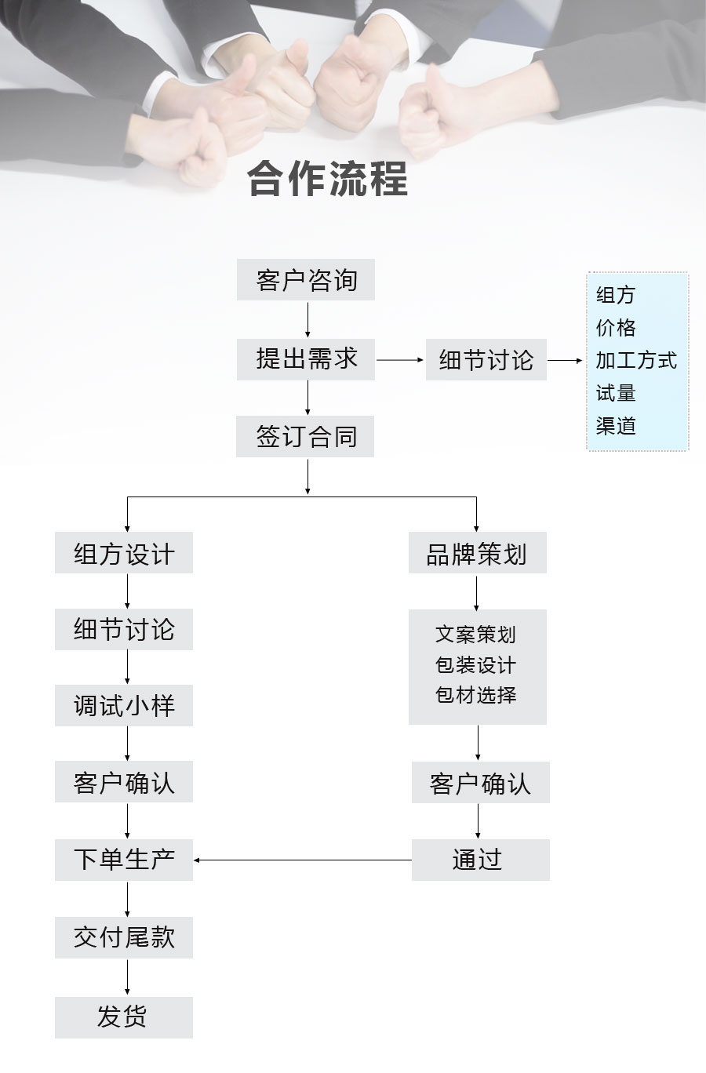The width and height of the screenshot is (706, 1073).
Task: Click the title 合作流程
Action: (328, 179)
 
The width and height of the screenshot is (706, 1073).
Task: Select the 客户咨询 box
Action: (306, 280)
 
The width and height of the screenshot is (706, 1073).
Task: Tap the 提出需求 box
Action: (306, 359)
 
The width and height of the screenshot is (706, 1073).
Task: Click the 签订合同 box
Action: (305, 437)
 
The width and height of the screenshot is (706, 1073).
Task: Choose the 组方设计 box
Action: (124, 553)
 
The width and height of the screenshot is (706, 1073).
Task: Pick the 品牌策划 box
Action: (477, 553)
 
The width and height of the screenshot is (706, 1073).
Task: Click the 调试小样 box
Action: (124, 706)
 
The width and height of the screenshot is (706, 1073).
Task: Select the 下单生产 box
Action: (124, 860)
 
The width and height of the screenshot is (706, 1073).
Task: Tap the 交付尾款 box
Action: (124, 937)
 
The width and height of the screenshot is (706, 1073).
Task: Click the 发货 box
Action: (124, 1017)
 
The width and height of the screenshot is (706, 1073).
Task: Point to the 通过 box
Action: (480, 860)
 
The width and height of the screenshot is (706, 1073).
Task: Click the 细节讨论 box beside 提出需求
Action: (486, 360)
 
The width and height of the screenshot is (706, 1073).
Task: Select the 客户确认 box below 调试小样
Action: (124, 782)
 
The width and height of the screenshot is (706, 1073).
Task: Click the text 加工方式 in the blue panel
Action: (635, 361)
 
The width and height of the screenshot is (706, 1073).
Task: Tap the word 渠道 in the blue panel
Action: (616, 426)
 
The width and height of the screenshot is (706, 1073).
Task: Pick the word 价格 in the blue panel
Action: (616, 328)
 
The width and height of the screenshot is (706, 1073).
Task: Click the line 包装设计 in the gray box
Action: (476, 665)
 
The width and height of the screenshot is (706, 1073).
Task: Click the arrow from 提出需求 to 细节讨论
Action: (400, 360)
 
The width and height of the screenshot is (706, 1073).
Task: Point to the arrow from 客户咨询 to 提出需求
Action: (308, 319)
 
